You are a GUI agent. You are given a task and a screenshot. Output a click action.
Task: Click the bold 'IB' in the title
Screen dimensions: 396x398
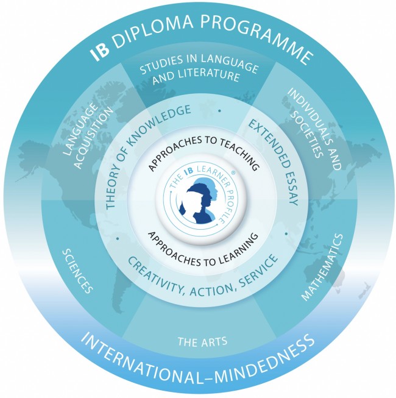(x=100, y=52)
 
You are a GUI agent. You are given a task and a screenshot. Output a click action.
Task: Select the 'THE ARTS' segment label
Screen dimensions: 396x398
(x=202, y=341)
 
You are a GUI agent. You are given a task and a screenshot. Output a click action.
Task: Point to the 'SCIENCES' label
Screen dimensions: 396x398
(x=78, y=271)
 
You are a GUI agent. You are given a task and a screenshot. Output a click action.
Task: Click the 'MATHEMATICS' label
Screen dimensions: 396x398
(x=322, y=267)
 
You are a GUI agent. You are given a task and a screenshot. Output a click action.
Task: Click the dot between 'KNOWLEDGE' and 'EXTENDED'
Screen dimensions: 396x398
(x=219, y=111)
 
